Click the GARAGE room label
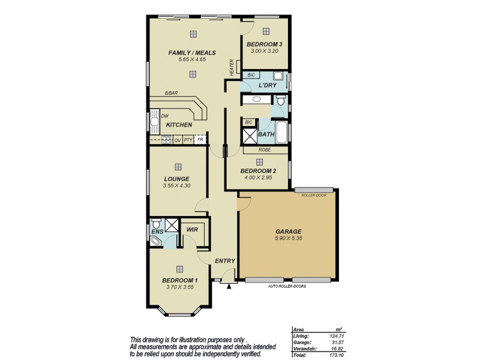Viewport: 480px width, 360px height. tap(288, 231)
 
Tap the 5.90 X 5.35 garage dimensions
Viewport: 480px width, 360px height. tap(288, 239)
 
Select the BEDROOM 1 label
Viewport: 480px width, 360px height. tap(179, 280)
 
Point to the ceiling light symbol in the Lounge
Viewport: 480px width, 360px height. tap(178, 167)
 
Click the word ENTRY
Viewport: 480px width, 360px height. tap(225, 260)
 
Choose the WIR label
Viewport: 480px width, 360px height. tap(193, 230)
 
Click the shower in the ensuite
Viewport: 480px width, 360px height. tap(172, 226)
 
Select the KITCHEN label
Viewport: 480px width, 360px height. tap(179, 125)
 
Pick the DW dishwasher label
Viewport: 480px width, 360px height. tap(164, 116)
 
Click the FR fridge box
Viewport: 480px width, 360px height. tap(200, 139)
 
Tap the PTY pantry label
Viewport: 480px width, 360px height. tap(188, 139)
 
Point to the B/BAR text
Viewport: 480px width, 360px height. tap(172, 93)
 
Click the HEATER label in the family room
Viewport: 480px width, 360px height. tap(231, 67)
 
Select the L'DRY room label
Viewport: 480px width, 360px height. tap(267, 86)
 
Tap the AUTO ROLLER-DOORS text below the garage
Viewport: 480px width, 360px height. tap(287, 286)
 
